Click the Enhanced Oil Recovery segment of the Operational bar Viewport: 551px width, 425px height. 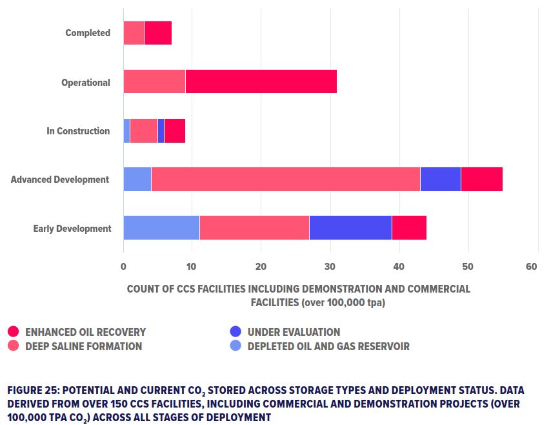pos(261,81)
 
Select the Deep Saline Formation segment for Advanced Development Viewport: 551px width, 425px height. pos(285,179)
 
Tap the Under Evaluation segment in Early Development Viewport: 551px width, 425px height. pos(350,228)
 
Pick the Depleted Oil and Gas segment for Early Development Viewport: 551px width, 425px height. pos(161,228)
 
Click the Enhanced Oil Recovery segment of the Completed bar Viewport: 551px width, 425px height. pos(158,33)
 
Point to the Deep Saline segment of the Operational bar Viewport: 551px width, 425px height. pos(154,81)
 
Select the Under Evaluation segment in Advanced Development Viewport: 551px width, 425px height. pos(440,179)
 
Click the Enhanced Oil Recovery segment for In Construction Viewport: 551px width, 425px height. pos(175,130)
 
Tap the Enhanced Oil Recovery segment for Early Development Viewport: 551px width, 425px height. pos(409,228)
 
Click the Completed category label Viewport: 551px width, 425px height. pos(88,33)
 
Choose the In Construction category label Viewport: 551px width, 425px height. pos(78,131)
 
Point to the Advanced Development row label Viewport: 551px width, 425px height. pos(60,180)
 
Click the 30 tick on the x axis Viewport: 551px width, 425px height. pos(330,266)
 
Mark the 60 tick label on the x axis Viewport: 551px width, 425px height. pos(532,266)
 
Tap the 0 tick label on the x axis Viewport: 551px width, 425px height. pos(123,266)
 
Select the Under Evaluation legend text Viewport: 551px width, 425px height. pos(294,332)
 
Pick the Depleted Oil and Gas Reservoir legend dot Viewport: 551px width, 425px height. pos(235,346)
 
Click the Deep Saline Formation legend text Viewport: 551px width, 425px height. pos(84,346)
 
